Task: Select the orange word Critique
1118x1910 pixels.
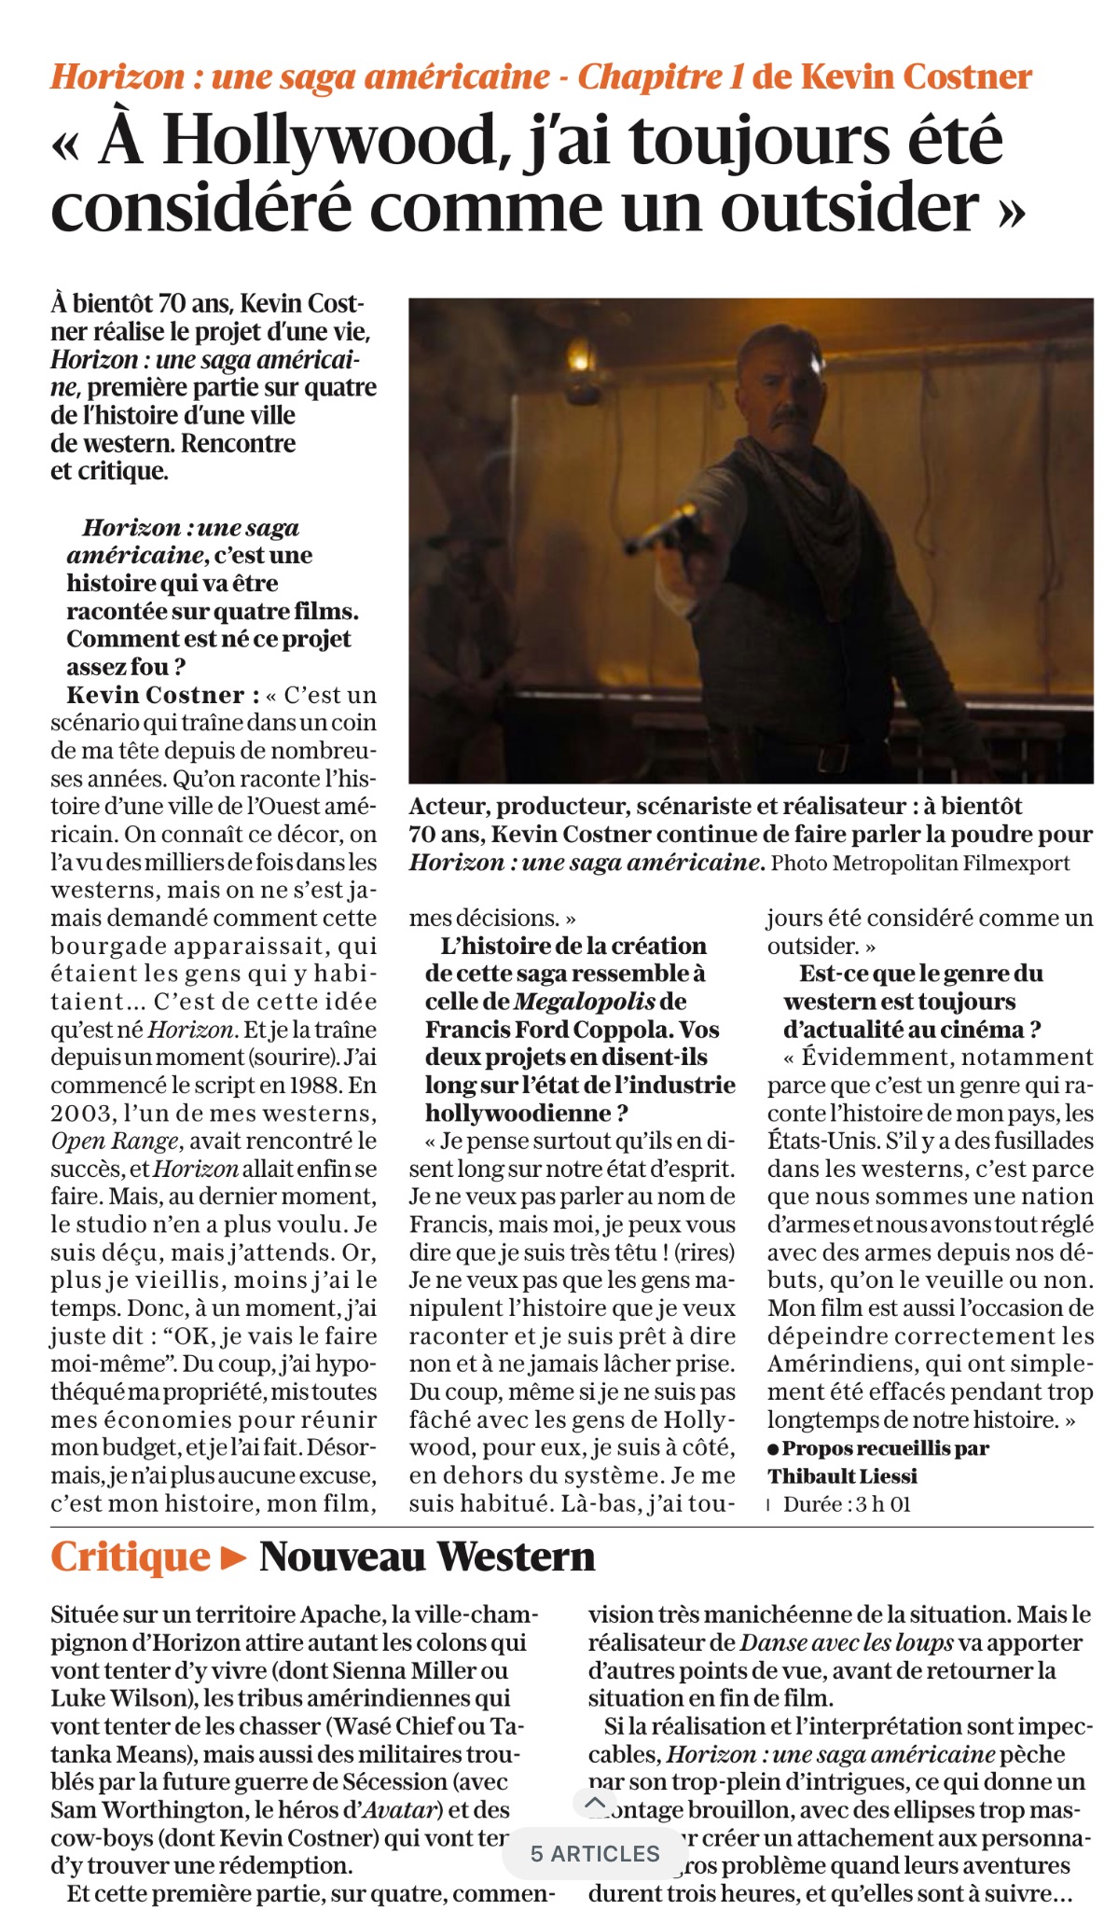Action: coord(131,1557)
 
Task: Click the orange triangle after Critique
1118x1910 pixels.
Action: coord(234,1557)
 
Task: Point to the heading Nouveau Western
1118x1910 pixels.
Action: coord(427,1557)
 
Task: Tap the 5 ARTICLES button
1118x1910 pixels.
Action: coord(595,1853)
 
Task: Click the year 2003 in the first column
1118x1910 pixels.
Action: coord(80,1114)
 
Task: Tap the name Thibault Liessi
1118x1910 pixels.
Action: coord(842,1476)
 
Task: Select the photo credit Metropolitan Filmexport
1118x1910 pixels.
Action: coord(951,863)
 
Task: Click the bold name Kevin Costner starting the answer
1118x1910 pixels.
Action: coord(156,696)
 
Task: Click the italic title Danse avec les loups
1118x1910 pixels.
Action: coord(847,1643)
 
